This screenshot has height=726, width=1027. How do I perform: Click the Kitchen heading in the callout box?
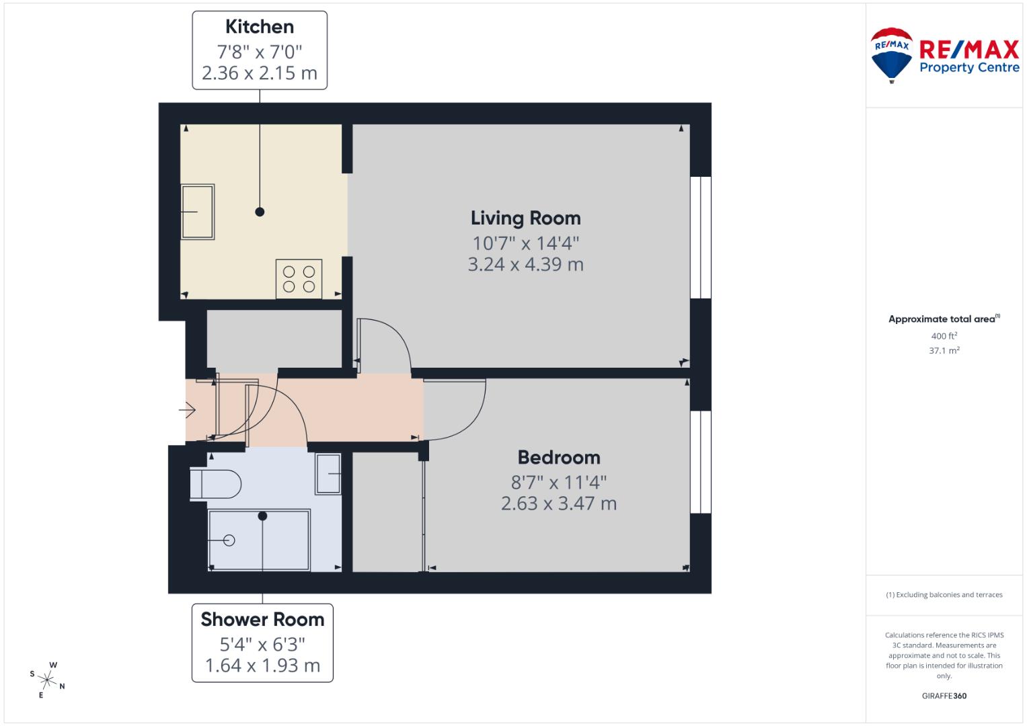coord(260,27)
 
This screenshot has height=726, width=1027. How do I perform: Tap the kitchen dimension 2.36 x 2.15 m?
coord(260,73)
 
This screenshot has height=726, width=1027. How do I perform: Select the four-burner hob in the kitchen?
coord(299,279)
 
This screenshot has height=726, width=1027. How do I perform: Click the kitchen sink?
coord(198,212)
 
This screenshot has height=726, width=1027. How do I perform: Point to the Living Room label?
coord(525,218)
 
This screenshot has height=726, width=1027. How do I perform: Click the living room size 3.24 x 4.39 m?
coord(525,264)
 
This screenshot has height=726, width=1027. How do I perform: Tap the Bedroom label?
coord(558,457)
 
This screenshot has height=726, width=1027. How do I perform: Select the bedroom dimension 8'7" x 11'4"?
coord(558,482)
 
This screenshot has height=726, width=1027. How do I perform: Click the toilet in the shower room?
coord(215,483)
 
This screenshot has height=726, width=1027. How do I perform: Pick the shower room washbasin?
coord(328,474)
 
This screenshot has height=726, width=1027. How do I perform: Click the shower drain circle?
coord(229,540)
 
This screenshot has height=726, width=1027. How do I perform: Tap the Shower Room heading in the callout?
coord(262,619)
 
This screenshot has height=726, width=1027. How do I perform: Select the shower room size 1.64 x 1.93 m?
coord(262,665)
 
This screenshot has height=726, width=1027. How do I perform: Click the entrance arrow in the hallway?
coord(187,409)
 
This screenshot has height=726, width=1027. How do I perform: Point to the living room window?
coord(701,237)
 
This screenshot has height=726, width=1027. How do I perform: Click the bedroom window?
coord(701,462)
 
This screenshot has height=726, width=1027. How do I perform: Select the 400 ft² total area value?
coord(944,336)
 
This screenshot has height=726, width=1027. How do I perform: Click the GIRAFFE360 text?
coord(944,696)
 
